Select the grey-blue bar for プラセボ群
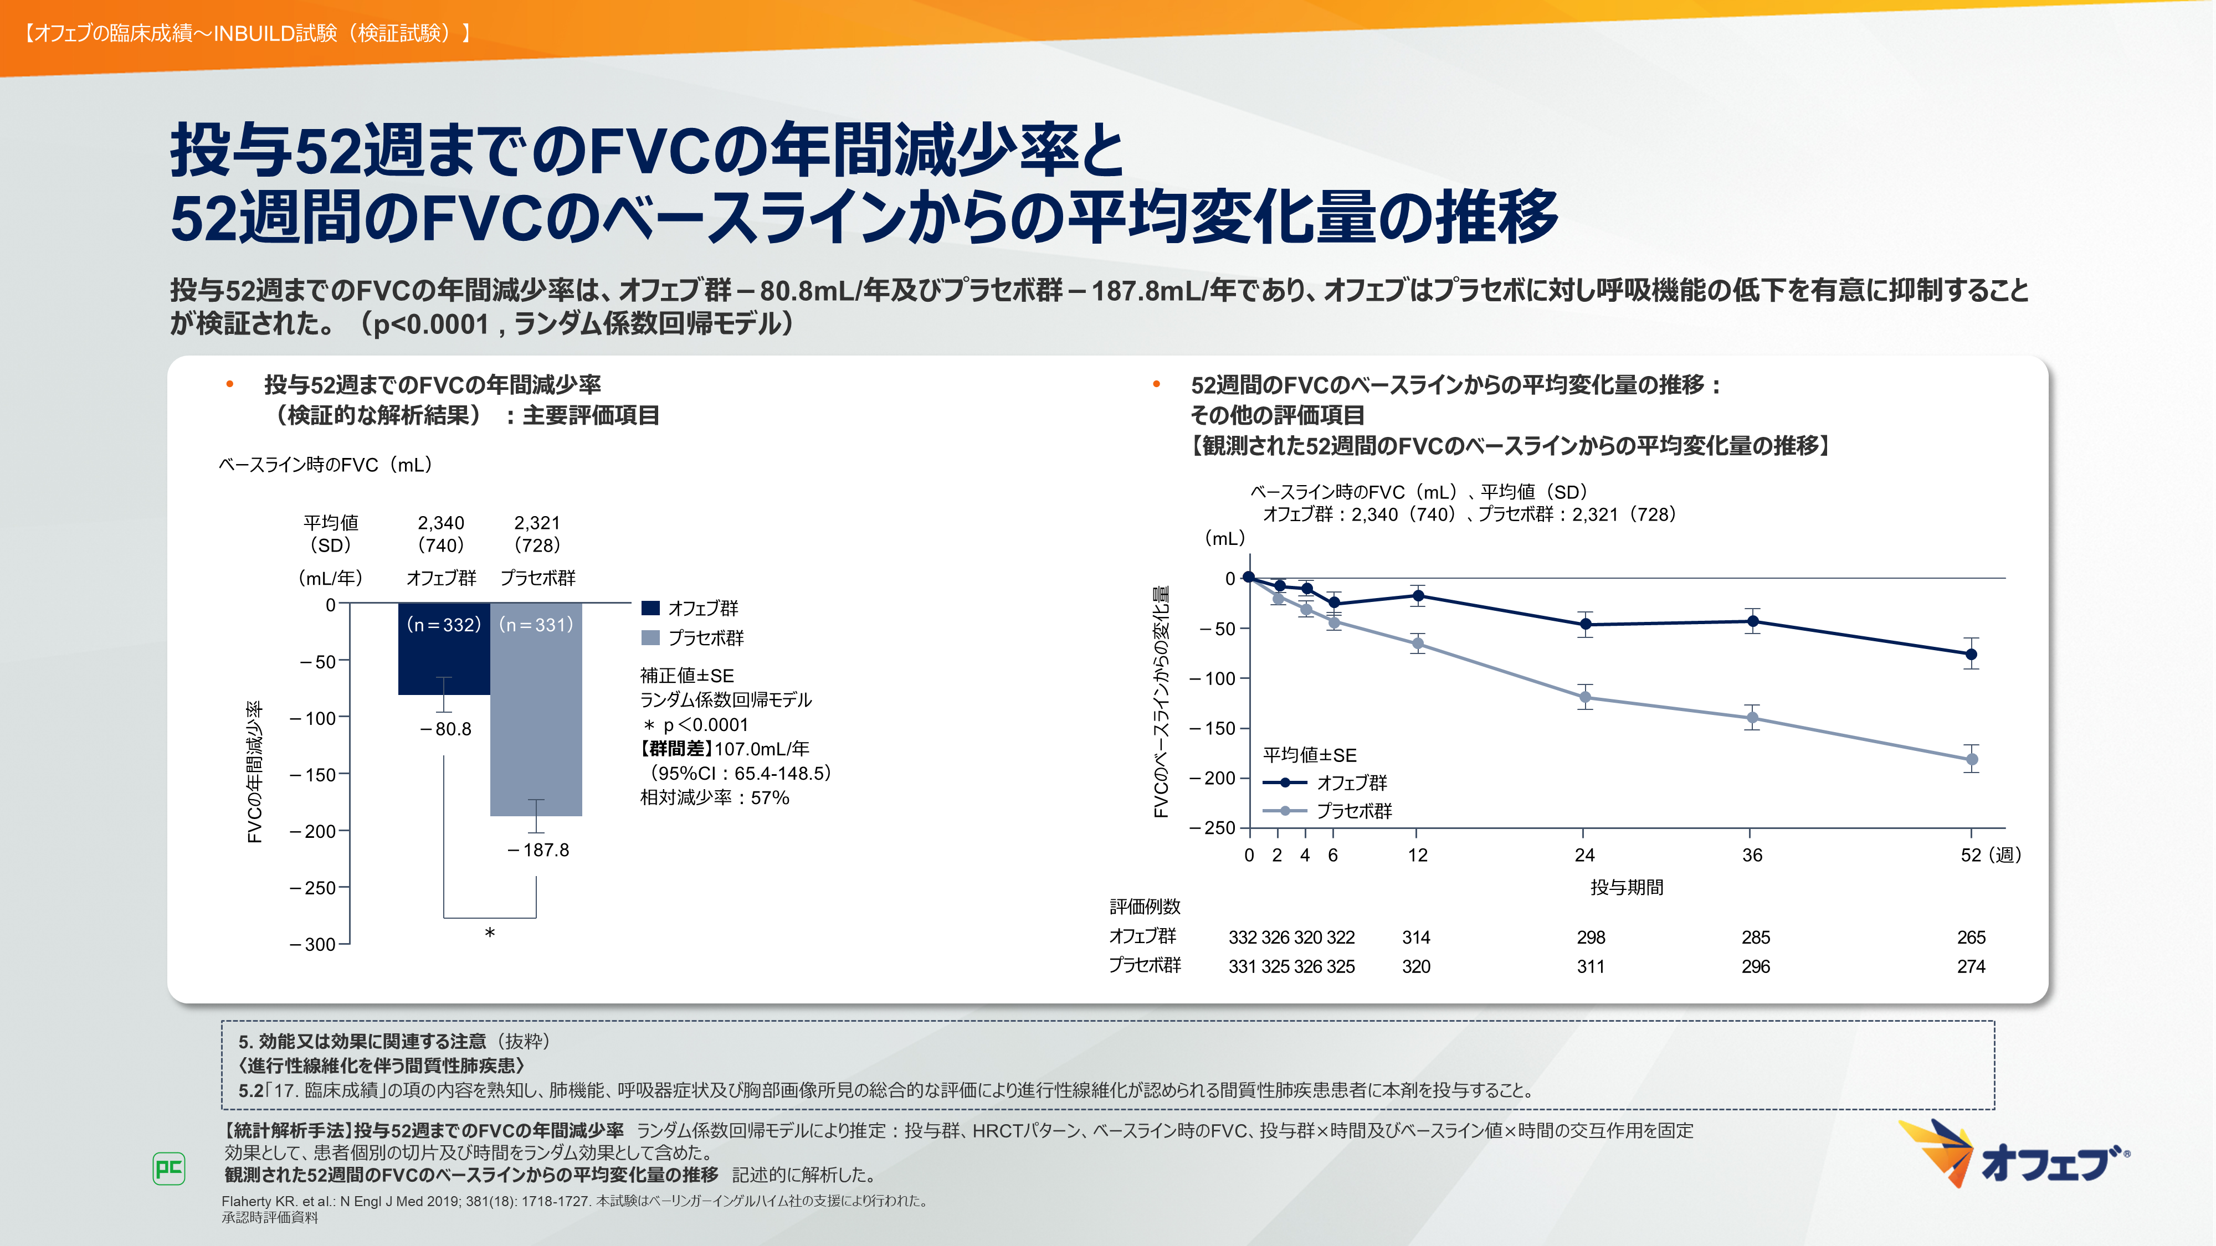pyautogui.click(x=536, y=722)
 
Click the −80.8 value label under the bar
pyautogui.click(x=445, y=729)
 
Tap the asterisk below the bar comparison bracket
pyautogui.click(x=490, y=934)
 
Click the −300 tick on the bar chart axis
pyautogui.click(x=313, y=944)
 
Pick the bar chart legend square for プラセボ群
pyautogui.click(x=650, y=638)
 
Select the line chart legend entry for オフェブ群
pyautogui.click(x=1325, y=782)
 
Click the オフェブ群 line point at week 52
pyautogui.click(x=1971, y=655)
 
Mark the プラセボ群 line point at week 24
pyautogui.click(x=1584, y=697)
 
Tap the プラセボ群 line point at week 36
pyautogui.click(x=1751, y=718)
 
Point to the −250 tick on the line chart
pyautogui.click(x=1212, y=828)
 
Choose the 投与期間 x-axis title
pyautogui.click(x=1626, y=887)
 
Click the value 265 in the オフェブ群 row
pyautogui.click(x=1971, y=938)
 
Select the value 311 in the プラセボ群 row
pyautogui.click(x=1591, y=966)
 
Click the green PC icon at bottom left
pyautogui.click(x=168, y=1168)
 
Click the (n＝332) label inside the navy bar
pyautogui.click(x=443, y=625)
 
